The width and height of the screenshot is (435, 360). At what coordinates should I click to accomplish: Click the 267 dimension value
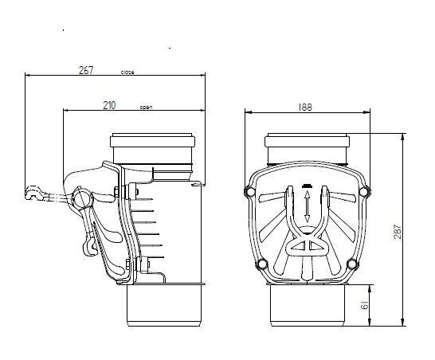coord(86,70)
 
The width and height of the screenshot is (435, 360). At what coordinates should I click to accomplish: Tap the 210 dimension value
coord(109,105)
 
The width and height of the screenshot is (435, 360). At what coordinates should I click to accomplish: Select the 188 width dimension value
coord(305,108)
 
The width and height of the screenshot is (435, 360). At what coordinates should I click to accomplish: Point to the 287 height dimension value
coord(398,232)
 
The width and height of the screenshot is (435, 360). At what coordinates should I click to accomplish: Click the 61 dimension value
coord(365,305)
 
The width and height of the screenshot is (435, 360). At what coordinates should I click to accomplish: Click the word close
coord(127,72)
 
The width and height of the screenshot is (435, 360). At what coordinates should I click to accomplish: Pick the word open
coord(146,107)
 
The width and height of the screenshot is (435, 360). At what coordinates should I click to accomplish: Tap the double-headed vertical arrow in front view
coord(307,206)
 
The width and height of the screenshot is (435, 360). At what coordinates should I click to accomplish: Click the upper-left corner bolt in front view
coord(249,192)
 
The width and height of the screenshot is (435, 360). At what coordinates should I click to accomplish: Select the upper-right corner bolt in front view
coord(364,192)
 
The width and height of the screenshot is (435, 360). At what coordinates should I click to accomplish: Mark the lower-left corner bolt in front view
coord(262,264)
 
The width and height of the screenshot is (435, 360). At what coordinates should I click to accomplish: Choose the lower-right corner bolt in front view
coord(352,264)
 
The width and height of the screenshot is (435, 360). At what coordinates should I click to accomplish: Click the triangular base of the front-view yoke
coord(307,246)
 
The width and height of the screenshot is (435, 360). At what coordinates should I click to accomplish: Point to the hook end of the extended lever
coord(32,193)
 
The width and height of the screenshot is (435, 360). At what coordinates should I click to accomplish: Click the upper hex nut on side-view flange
coord(116,192)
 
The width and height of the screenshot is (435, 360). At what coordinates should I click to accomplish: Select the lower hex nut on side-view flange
coord(128,264)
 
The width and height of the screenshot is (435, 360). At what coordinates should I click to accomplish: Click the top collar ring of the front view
coord(307,140)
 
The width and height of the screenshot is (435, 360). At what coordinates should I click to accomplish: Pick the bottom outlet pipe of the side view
coord(164,305)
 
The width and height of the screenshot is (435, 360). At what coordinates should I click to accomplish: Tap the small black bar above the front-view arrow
coord(307,186)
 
